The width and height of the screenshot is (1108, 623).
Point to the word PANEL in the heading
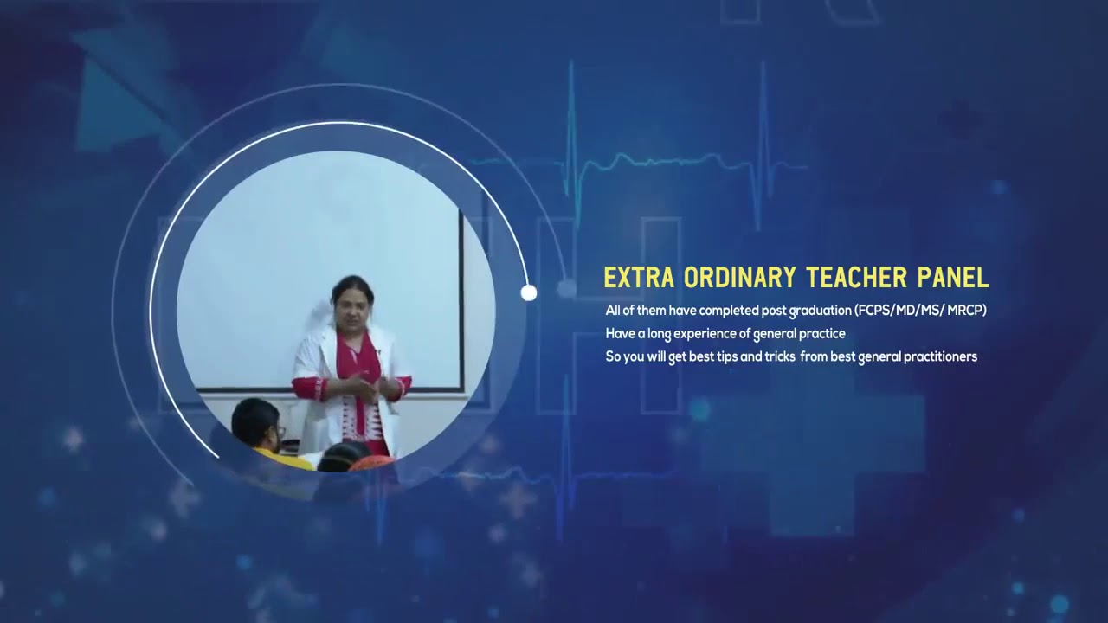[954, 278]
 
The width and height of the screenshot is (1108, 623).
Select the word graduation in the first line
[818, 310]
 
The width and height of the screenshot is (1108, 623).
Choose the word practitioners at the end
[940, 356]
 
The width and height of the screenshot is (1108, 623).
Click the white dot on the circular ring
[529, 293]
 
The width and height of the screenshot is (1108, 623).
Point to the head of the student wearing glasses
[257, 420]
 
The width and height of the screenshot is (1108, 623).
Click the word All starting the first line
[613, 310]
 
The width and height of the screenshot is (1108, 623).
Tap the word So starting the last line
[613, 356]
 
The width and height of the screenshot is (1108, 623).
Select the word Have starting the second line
[620, 333]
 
